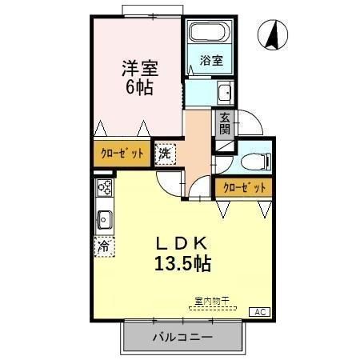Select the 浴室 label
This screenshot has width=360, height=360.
[211, 60]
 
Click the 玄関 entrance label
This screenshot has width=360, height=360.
[225, 123]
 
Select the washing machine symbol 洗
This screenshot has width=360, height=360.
[165, 153]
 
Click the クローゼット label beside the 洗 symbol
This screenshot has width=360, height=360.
[122, 153]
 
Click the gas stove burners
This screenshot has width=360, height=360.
[104, 189]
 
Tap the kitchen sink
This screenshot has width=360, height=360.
[104, 218]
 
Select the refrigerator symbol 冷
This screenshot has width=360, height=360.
[104, 246]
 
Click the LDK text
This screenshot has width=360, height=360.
[183, 242]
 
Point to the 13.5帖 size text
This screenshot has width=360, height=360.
[183, 262]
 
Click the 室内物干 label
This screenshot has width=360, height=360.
[212, 301]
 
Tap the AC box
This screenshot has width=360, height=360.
[260, 311]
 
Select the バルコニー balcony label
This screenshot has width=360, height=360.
[182, 338]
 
